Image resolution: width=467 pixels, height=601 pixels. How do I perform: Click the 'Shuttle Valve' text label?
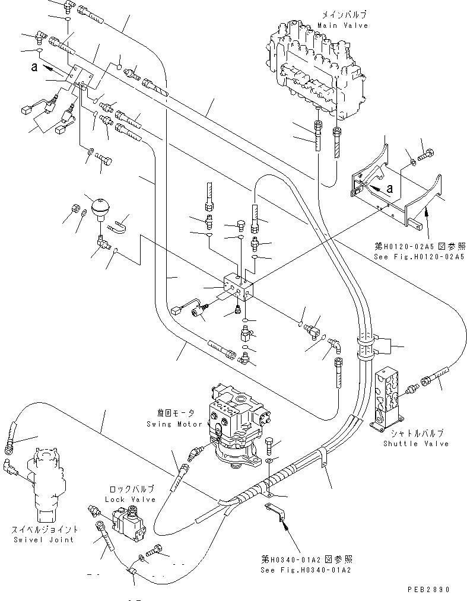click(x=415, y=443)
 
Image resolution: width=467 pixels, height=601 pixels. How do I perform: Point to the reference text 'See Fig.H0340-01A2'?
click(x=306, y=570)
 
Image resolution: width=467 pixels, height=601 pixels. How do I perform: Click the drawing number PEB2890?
click(x=428, y=590)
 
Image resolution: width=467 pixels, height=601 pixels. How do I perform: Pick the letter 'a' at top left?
click(x=35, y=68)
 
